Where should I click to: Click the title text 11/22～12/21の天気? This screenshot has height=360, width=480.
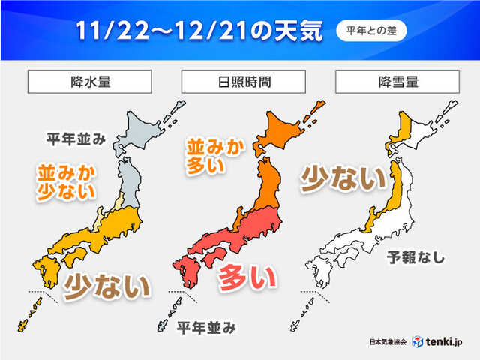click(199, 31)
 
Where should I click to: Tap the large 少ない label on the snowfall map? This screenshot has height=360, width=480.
click(342, 180)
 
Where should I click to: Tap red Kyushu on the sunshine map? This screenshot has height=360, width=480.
click(184, 272)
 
